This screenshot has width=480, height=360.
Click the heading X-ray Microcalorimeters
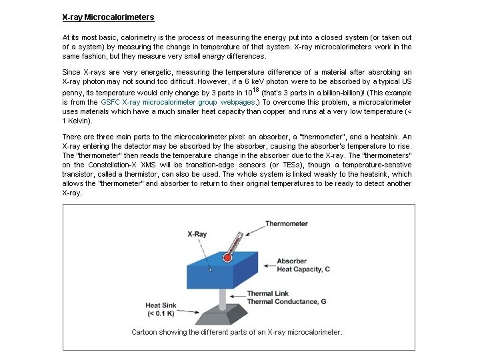point(108,17)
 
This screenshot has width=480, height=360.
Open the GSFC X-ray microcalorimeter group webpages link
point(178,103)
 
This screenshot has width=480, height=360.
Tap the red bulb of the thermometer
point(227,257)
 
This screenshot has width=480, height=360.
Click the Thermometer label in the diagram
point(286,224)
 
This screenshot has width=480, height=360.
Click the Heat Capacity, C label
point(303,269)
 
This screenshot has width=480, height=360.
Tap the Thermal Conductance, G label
point(286,301)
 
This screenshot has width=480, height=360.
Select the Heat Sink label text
point(161,306)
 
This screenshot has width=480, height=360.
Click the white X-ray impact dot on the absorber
point(211,269)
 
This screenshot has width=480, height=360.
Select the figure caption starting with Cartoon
point(237,332)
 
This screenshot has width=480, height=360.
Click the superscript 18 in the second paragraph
point(255,89)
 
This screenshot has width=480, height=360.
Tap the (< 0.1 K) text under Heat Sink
point(161,313)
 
